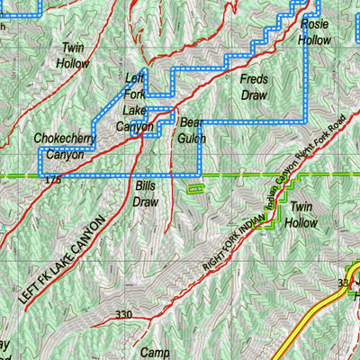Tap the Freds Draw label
pyautogui.click(x=256, y=86)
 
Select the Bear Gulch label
pyautogui.click(x=193, y=130)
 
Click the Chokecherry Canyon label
pyautogui.click(x=59, y=147)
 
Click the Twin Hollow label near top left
pyautogui.click(x=72, y=55)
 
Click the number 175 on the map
pyautogui.click(x=52, y=181)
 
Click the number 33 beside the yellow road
pyautogui.click(x=343, y=283)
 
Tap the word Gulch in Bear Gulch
pyautogui.click(x=193, y=139)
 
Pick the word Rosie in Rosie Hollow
pyautogui.click(x=314, y=25)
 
